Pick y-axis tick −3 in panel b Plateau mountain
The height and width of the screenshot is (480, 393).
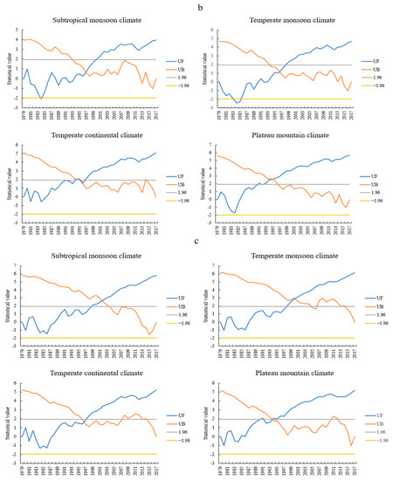[211, 223]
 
